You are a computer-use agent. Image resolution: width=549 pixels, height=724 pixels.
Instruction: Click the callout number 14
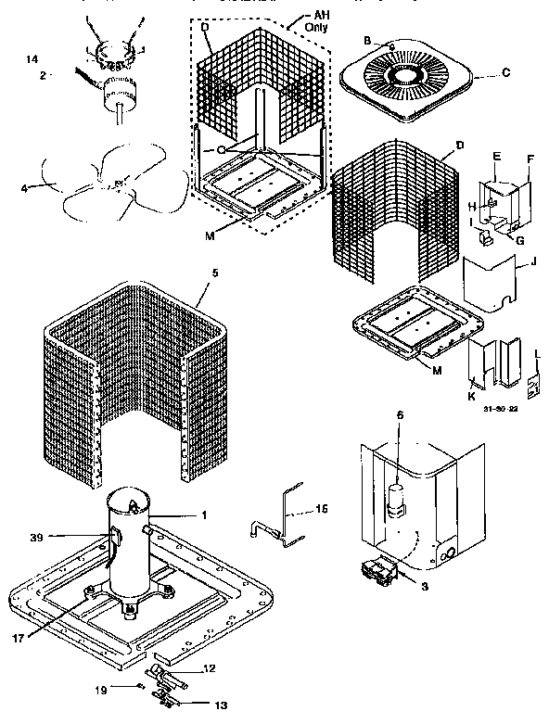pyautogui.click(x=32, y=59)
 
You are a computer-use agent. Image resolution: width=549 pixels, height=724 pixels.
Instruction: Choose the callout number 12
pyautogui.click(x=210, y=668)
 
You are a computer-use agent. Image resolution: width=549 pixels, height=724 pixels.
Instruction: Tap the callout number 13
pyautogui.click(x=219, y=703)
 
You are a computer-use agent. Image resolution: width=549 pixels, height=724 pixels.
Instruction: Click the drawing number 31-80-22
pyautogui.click(x=498, y=407)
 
